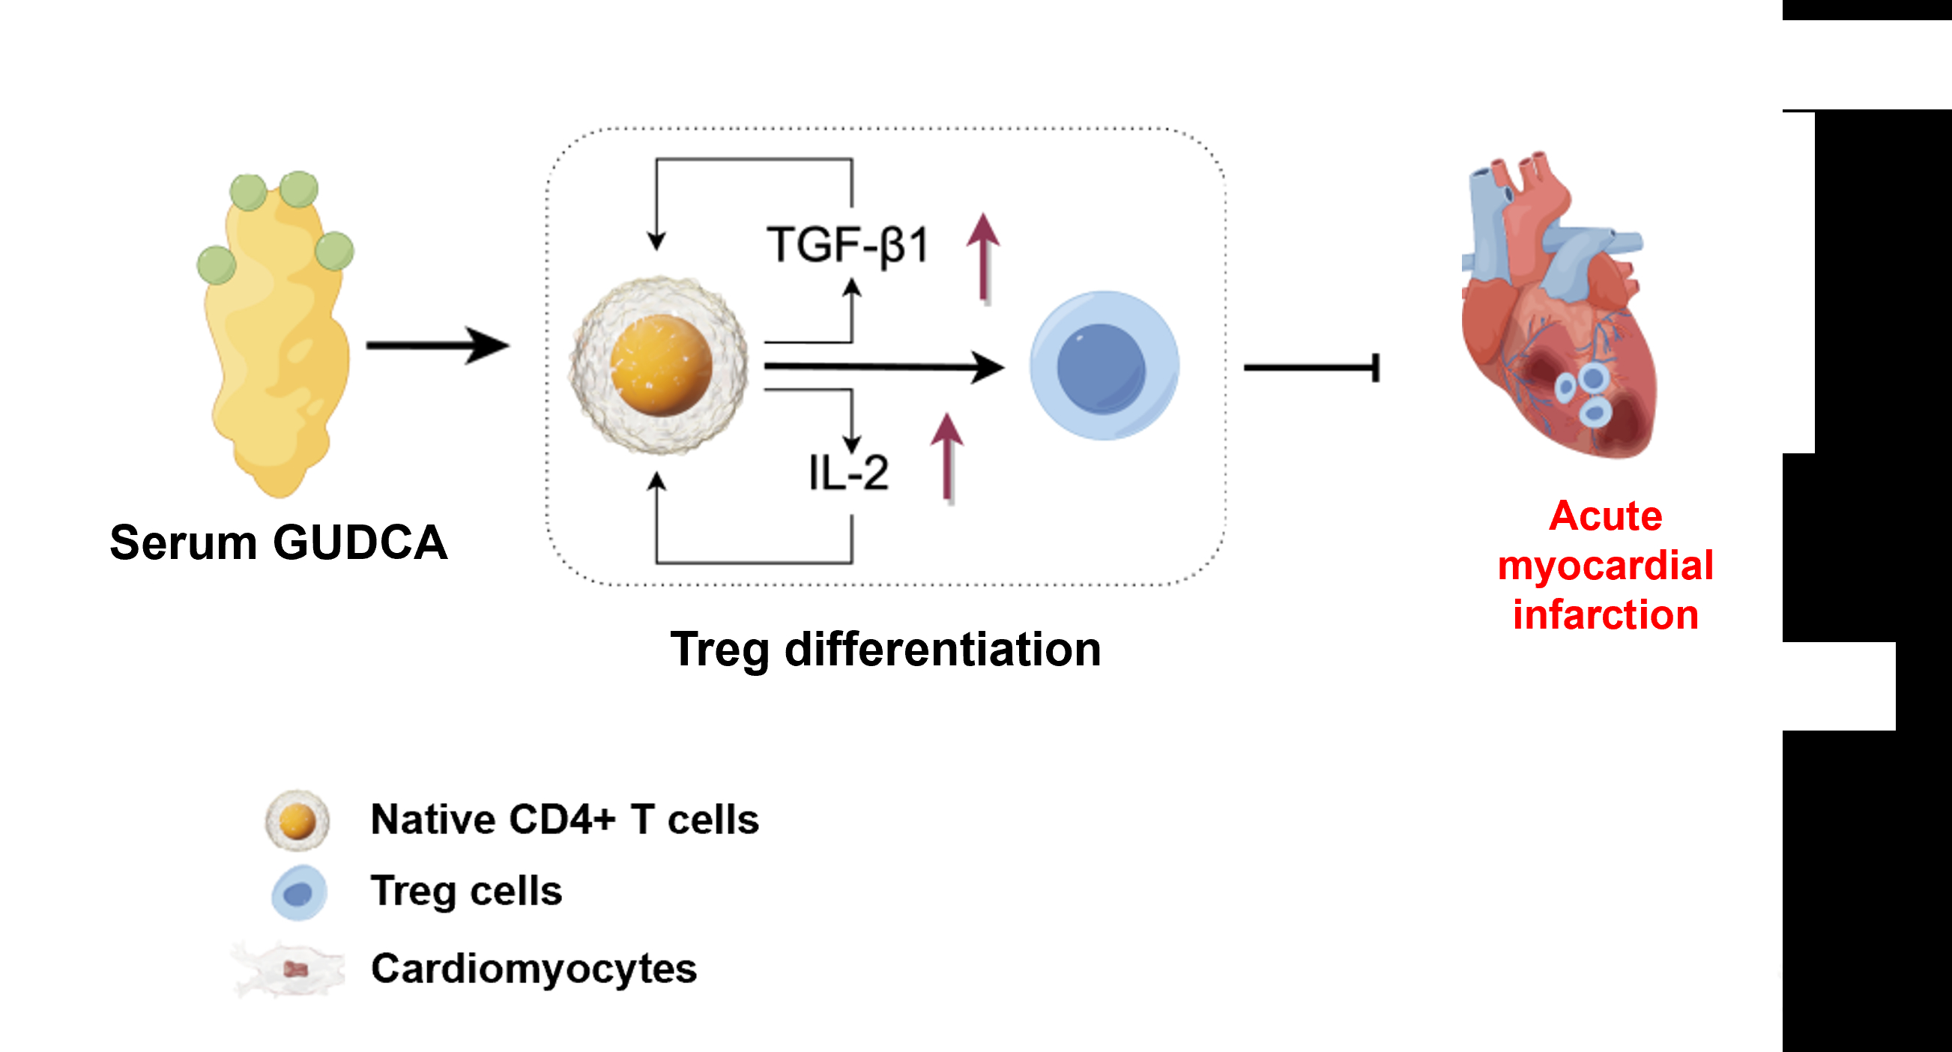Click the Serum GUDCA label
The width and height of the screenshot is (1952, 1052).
(x=278, y=542)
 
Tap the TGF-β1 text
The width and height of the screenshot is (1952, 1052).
(x=847, y=246)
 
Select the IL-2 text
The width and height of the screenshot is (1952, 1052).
(x=848, y=473)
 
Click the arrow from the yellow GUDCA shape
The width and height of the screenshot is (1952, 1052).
(x=438, y=345)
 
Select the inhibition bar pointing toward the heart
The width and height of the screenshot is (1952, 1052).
(x=1311, y=369)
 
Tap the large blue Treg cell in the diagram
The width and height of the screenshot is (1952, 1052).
(x=1103, y=366)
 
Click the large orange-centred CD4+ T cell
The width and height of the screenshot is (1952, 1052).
(x=660, y=366)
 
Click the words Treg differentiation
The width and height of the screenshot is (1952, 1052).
(x=885, y=650)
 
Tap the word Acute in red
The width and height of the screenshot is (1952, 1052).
(x=1605, y=516)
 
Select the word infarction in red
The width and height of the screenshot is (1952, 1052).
(x=1605, y=614)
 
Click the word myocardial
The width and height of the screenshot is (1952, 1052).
(x=1605, y=566)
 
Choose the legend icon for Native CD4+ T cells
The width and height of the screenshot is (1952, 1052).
(x=297, y=820)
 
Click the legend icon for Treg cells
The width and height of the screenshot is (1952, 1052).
(x=299, y=893)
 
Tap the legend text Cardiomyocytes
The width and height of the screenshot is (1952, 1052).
(x=534, y=970)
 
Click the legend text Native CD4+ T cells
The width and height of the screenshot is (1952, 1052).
(x=564, y=819)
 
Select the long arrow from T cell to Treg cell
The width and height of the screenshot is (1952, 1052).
(x=883, y=368)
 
